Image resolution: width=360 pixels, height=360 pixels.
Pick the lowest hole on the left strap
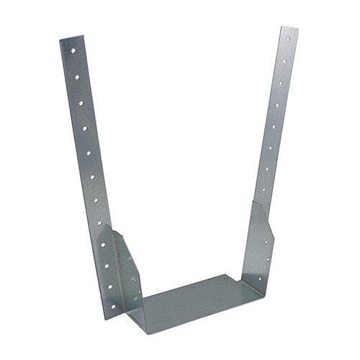point(112,286)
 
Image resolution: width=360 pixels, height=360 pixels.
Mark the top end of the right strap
point(289,30)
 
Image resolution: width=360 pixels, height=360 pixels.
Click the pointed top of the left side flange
point(107,226)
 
